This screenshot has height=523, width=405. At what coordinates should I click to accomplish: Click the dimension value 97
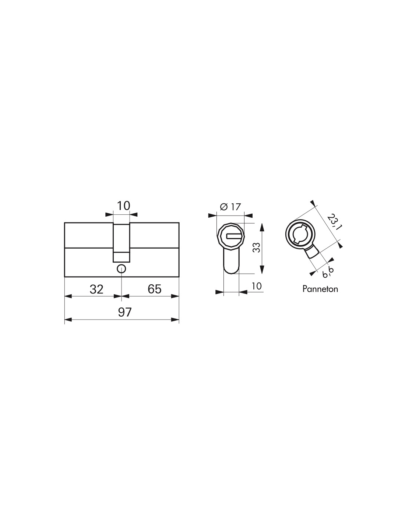(x=124, y=312)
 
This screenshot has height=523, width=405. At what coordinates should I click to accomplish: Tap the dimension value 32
(x=96, y=289)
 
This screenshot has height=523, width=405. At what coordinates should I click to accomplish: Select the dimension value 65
(x=154, y=289)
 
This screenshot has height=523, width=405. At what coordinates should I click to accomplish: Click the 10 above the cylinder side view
(x=123, y=206)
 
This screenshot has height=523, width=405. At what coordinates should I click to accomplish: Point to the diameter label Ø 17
(x=230, y=207)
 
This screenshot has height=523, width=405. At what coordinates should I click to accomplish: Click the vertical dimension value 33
(x=257, y=247)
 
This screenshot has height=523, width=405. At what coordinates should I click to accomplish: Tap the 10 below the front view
(x=256, y=286)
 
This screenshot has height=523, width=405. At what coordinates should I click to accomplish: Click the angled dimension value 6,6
(x=328, y=272)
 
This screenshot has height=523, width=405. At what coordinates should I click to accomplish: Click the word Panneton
(x=320, y=289)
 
